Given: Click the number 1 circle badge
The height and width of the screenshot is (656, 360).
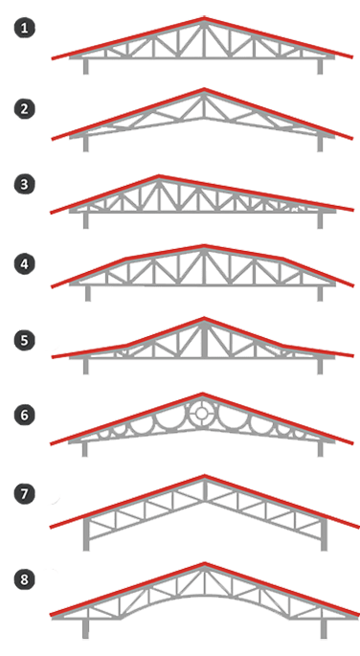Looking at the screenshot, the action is click(x=24, y=28).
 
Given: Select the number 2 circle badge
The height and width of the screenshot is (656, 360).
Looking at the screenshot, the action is click(x=24, y=109).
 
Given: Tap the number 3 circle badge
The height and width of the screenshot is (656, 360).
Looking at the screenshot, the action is click(x=24, y=185).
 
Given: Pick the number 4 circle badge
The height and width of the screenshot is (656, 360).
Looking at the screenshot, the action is click(x=24, y=264).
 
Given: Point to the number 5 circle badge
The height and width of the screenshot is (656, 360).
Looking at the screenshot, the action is click(x=24, y=340).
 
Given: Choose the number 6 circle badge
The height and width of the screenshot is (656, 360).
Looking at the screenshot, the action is click(x=24, y=415).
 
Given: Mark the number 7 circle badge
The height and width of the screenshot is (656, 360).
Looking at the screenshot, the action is click(x=24, y=493).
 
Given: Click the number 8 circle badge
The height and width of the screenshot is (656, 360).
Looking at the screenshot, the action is click(x=24, y=579).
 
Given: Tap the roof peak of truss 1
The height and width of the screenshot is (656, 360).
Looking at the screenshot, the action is click(x=204, y=18).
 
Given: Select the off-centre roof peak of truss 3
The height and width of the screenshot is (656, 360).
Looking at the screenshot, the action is click(x=159, y=176).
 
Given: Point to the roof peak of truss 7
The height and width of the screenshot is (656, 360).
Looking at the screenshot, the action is click(x=204, y=476).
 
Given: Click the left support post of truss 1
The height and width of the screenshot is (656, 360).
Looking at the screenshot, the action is click(x=86, y=66).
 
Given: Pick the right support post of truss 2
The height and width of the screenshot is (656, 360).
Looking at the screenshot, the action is click(x=320, y=143).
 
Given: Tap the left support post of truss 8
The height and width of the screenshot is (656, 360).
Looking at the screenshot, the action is click(x=85, y=629).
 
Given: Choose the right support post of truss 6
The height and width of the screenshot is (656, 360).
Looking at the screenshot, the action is click(x=321, y=449).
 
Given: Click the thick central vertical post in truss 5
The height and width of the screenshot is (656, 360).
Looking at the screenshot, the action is click(x=204, y=341).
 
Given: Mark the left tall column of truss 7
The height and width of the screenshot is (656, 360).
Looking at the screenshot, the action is click(x=86, y=534).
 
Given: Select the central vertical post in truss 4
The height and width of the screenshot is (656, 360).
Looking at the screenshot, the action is click(x=204, y=267).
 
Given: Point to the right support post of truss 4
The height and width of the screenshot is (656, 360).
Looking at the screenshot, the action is click(x=320, y=293).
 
